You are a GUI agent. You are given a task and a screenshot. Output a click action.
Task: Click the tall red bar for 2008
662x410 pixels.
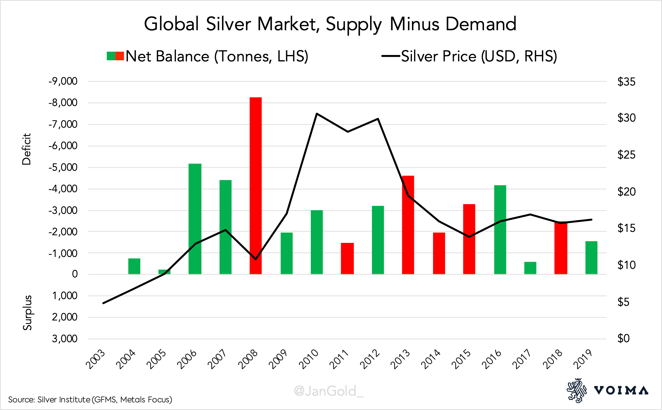[x=256, y=185]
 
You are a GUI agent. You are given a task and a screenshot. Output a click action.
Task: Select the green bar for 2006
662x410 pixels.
[x=195, y=219]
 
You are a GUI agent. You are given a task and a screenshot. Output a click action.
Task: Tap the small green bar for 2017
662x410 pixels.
[x=530, y=268]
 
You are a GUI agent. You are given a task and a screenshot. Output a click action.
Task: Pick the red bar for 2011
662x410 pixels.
[x=347, y=258]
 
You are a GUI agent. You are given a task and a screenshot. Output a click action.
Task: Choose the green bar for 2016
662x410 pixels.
[x=500, y=229]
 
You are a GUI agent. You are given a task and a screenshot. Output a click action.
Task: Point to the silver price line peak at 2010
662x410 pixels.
[x=317, y=114]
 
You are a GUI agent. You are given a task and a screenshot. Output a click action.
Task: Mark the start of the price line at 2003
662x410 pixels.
[x=104, y=303]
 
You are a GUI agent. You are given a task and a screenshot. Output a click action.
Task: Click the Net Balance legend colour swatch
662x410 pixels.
[x=115, y=56]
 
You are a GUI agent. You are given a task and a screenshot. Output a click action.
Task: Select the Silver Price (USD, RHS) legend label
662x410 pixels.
[x=479, y=56]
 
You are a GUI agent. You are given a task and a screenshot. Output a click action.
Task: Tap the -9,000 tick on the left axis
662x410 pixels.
[x=63, y=81]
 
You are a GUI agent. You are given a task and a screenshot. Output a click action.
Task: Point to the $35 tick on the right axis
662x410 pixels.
[x=626, y=82]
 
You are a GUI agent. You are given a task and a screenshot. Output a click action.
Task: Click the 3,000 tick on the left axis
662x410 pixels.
[x=65, y=339]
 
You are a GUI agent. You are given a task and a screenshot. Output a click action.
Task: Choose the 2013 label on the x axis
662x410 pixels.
[x=400, y=359]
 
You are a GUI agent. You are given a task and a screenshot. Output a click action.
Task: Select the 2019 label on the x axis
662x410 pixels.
[x=583, y=359]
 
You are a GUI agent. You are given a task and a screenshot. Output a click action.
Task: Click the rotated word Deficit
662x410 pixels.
[x=27, y=149]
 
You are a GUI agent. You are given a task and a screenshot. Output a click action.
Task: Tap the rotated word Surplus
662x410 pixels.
[x=27, y=313]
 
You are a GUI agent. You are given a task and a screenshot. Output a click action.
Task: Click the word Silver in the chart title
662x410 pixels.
[x=228, y=24]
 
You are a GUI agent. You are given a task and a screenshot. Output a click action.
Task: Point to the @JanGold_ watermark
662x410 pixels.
[x=329, y=391]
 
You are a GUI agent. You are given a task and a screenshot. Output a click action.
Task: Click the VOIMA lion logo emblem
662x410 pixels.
[x=577, y=390]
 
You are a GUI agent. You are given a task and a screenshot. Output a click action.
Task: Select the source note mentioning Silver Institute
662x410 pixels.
[x=90, y=400]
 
